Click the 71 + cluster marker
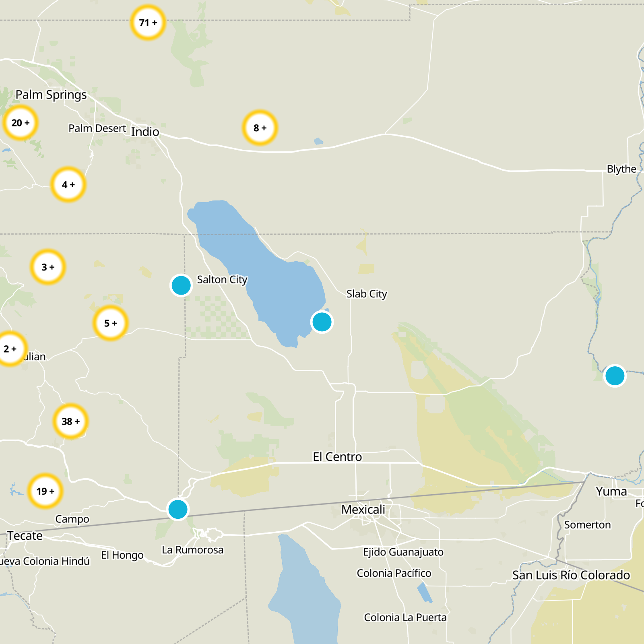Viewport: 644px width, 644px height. click(x=148, y=23)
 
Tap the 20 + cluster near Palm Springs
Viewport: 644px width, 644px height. click(x=21, y=123)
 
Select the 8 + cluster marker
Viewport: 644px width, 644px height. click(x=260, y=128)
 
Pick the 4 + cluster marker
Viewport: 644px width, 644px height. click(x=68, y=185)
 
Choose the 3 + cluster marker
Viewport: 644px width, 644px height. click(x=48, y=267)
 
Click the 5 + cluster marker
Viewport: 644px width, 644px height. click(x=111, y=323)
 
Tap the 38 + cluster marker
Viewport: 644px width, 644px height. click(x=71, y=421)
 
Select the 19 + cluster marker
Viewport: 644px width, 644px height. click(x=45, y=491)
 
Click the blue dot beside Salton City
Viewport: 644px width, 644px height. click(x=181, y=285)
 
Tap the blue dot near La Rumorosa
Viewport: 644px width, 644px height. click(x=178, y=510)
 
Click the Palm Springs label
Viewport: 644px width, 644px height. click(x=51, y=95)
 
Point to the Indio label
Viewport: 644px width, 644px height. click(x=145, y=132)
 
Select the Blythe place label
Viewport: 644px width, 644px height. click(x=621, y=169)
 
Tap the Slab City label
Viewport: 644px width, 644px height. click(x=367, y=294)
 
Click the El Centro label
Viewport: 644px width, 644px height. click(x=337, y=457)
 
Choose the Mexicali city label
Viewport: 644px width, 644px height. click(x=363, y=510)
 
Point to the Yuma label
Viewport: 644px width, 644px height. click(x=611, y=491)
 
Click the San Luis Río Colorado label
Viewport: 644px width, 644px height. click(x=571, y=575)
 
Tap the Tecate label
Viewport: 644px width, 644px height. click(x=25, y=536)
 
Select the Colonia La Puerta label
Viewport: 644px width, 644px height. click(x=405, y=617)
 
